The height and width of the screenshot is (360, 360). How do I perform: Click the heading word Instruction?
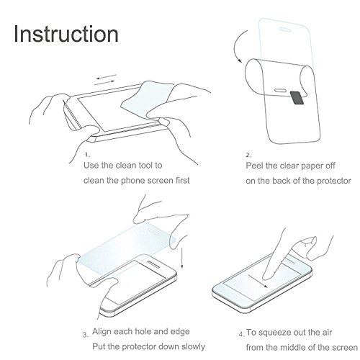66,34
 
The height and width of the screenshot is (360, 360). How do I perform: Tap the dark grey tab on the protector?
297,98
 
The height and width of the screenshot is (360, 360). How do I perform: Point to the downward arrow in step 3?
182,258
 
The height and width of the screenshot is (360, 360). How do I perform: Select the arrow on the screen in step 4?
258,281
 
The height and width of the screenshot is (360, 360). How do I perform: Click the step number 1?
87,155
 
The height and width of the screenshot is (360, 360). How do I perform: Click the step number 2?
248,156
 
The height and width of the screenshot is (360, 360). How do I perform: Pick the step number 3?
86,335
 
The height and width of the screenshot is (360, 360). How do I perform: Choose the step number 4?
241,334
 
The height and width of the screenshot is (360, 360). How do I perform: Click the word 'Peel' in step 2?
255,166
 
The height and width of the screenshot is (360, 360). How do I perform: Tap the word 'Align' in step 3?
102,332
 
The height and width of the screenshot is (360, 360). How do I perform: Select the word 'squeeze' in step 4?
280,333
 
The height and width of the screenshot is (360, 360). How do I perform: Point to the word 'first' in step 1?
183,180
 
